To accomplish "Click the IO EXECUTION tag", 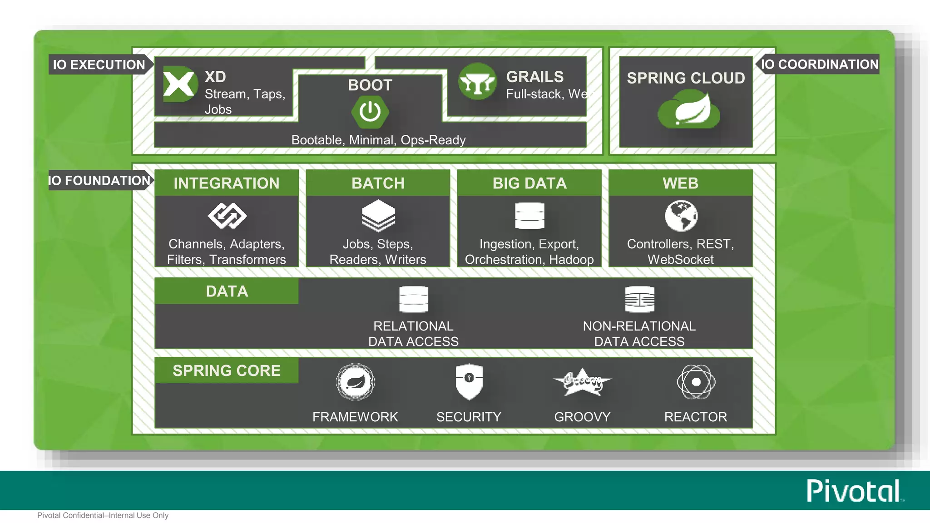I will tap(99, 64).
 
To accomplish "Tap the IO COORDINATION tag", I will tap(819, 64).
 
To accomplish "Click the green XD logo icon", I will tap(180, 84).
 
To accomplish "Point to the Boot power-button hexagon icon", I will tap(370, 112).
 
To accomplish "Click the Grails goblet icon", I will tap(477, 82).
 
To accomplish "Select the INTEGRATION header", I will tap(227, 183).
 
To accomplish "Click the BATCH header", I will tap(378, 183).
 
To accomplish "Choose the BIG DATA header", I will tap(529, 183).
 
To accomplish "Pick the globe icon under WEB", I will tap(681, 216).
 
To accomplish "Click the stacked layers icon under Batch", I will tap(378, 216).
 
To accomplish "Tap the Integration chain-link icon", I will tap(227, 216).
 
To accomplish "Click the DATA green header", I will tap(227, 291).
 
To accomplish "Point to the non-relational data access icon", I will tap(639, 299).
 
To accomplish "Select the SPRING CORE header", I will tap(227, 370).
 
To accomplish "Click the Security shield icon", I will tap(469, 381).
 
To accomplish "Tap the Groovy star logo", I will tap(582, 382).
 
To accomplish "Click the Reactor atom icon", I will tap(696, 382).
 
